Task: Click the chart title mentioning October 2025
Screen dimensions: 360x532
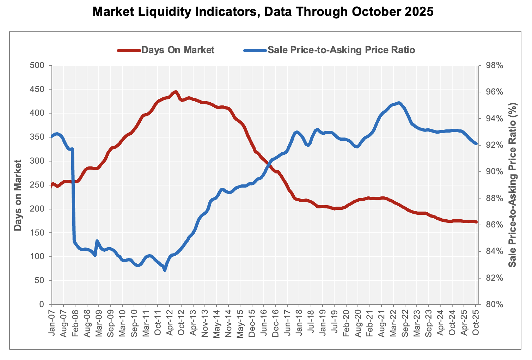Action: (263, 12)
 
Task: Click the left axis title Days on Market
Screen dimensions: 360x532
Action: (18, 195)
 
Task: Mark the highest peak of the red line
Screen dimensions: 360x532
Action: (176, 92)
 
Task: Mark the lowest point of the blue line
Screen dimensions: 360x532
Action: (165, 270)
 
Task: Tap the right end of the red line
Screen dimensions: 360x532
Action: (476, 222)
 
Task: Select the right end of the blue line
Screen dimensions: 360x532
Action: (476, 144)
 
